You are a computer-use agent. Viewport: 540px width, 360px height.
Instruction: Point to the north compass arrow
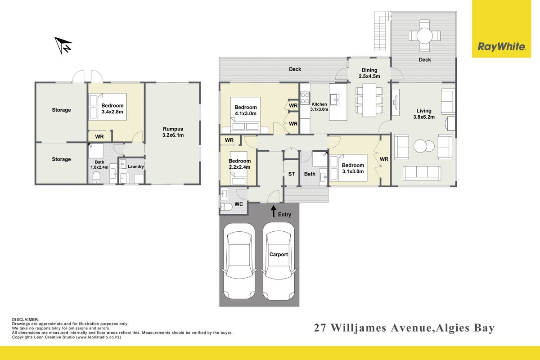63,45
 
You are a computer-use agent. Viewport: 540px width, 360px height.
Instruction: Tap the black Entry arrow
274,211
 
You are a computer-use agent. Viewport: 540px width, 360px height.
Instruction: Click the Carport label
279,254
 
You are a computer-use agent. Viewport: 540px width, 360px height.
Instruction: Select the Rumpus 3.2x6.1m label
173,132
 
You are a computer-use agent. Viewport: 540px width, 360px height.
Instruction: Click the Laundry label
136,166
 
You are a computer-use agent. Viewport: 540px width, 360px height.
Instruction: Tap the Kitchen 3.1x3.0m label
319,107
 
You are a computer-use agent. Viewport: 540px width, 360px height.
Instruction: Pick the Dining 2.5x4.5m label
369,73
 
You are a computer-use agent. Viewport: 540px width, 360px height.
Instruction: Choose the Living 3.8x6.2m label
424,114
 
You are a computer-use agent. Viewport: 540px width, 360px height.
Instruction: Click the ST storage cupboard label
292,174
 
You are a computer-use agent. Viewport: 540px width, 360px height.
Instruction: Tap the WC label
238,204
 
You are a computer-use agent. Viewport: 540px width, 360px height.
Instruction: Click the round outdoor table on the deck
424,36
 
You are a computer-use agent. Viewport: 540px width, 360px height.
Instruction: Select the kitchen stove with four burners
305,98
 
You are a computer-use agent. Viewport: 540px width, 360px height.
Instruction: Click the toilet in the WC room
226,207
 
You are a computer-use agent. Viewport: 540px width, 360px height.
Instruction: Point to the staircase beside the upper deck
382,31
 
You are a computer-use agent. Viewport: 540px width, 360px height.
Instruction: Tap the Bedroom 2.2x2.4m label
239,164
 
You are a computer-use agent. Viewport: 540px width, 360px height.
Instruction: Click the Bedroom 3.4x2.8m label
112,108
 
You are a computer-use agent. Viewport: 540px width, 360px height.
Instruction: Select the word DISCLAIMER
25,319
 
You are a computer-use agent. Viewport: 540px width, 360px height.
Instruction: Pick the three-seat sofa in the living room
422,173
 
